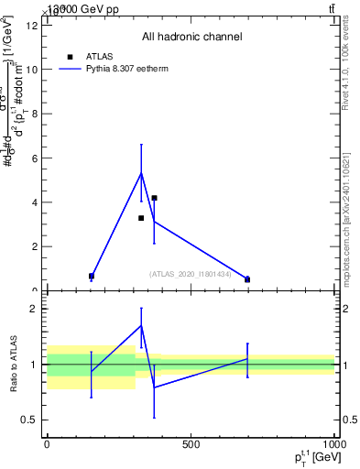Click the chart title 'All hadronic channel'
pyautogui.click(x=191, y=37)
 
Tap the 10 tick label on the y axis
pyautogui.click(x=33, y=70)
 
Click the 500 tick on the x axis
pyautogui.click(x=191, y=445)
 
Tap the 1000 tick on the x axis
pyautogui.click(x=333, y=445)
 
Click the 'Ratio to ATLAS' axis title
pyautogui.click(x=12, y=365)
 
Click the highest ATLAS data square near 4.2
pyautogui.click(x=155, y=198)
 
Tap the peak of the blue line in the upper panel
pyautogui.click(x=141, y=172)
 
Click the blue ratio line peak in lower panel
pyautogui.click(x=141, y=325)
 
